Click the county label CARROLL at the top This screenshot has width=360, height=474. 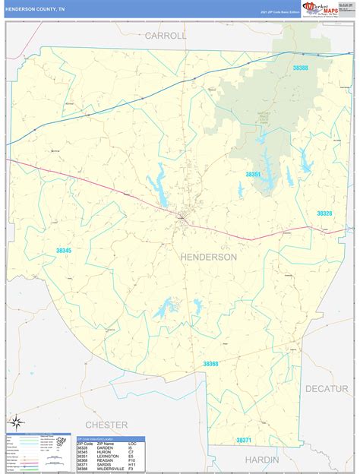click(166, 36)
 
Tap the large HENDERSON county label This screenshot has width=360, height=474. click(209, 258)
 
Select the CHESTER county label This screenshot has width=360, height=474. click(106, 425)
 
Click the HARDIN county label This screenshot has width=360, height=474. click(261, 460)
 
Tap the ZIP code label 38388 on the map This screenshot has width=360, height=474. click(301, 68)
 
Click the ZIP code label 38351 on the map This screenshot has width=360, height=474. click(253, 174)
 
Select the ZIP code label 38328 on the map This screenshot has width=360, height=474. click(324, 213)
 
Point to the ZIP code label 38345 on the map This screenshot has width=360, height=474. click(63, 251)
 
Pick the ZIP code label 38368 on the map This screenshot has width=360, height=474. click(210, 364)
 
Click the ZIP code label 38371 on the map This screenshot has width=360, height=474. click(243, 440)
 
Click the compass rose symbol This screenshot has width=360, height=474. click(15, 422)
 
